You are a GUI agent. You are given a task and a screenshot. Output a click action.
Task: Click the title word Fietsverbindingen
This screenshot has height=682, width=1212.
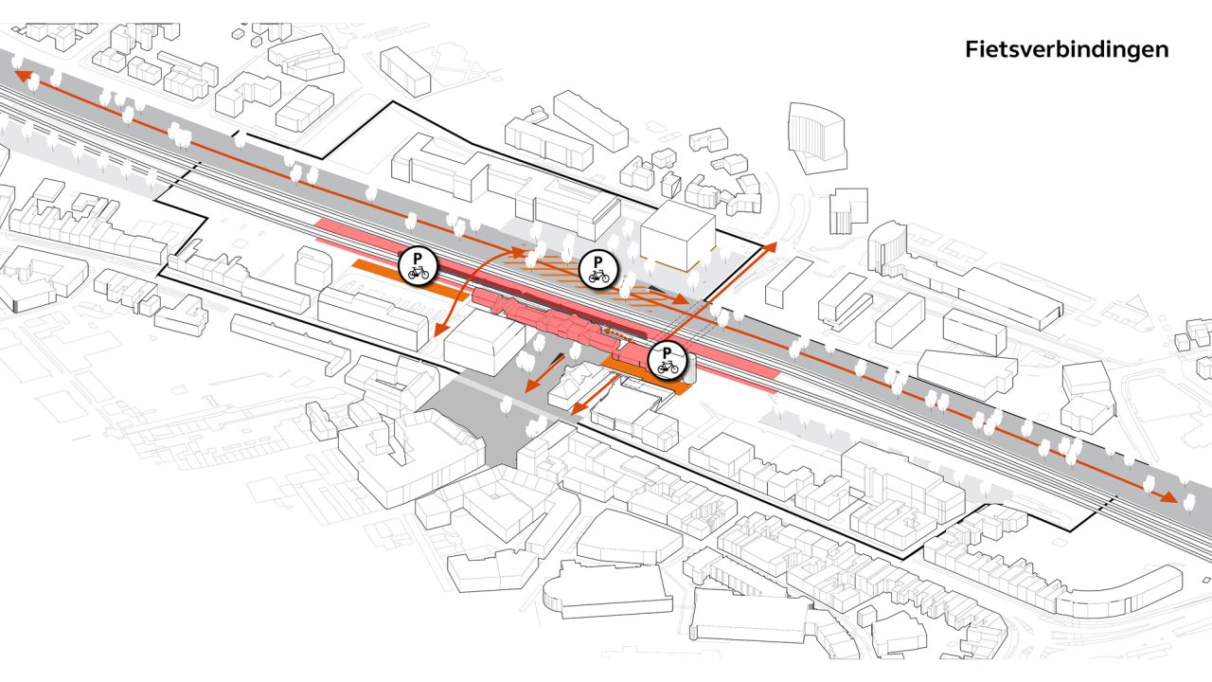click(x=1067, y=49)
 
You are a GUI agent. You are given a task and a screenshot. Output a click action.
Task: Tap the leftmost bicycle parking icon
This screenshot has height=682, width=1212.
click(x=418, y=265)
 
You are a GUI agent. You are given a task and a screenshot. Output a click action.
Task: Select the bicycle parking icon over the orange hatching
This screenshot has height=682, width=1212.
click(x=598, y=269)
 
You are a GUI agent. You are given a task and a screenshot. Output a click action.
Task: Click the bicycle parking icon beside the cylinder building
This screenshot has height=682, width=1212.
click(x=668, y=359)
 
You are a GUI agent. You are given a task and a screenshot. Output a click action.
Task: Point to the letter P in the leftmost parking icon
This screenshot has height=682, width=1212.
click(x=418, y=257)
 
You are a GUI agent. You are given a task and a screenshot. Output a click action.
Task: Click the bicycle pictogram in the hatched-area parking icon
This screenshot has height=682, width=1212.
click(x=598, y=278)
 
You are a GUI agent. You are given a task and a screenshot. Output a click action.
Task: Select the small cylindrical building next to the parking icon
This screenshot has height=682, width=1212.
click(x=688, y=369)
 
